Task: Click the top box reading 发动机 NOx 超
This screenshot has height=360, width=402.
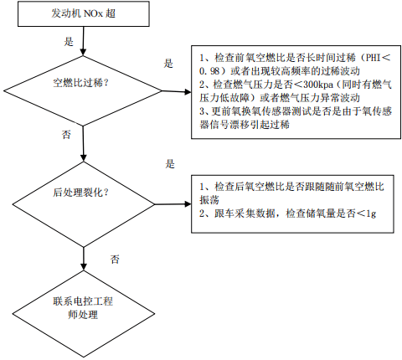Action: (x=84, y=14)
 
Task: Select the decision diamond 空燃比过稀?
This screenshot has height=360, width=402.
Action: (x=83, y=91)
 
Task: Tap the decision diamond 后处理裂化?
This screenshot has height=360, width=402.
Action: (x=84, y=204)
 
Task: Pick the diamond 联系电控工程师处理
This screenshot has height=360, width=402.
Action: (x=84, y=314)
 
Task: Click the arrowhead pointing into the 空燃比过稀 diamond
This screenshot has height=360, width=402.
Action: (x=83, y=52)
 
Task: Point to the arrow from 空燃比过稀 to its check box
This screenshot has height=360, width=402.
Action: (x=177, y=91)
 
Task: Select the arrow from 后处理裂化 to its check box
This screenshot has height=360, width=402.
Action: (x=173, y=204)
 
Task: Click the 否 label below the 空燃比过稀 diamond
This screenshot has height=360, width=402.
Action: (x=66, y=135)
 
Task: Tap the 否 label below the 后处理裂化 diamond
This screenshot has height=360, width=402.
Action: (x=115, y=260)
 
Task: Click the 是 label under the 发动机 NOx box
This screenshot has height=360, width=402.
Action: (x=69, y=42)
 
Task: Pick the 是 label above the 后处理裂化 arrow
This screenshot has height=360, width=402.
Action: (x=170, y=164)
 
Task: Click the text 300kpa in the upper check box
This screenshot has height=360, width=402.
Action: (x=318, y=85)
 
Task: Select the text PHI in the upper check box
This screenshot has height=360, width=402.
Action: (x=374, y=58)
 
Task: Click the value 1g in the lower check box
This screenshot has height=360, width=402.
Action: (x=371, y=213)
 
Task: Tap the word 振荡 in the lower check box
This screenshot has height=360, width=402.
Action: (x=209, y=200)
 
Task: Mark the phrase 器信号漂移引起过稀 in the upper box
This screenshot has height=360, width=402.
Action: (x=245, y=125)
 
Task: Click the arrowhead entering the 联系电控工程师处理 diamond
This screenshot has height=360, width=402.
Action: (x=84, y=266)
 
